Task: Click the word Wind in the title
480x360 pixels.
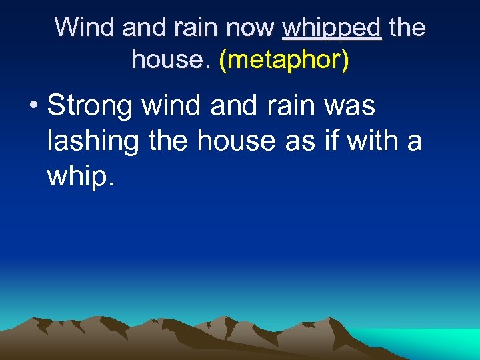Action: pos(79,27)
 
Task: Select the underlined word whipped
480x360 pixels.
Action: pos(332,29)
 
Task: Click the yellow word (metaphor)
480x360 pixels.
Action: pos(283,60)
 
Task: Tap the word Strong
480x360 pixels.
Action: pos(91,107)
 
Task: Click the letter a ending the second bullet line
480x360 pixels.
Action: pos(415,142)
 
